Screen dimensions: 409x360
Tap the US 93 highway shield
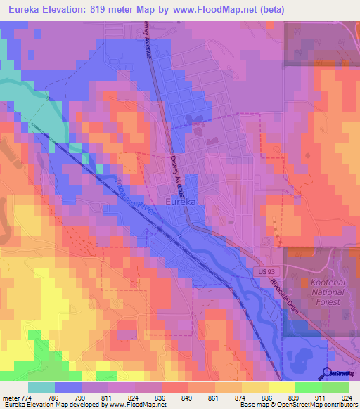pyautogui.click(x=263, y=271)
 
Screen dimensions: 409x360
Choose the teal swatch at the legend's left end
pyautogui.click(x=41, y=387)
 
